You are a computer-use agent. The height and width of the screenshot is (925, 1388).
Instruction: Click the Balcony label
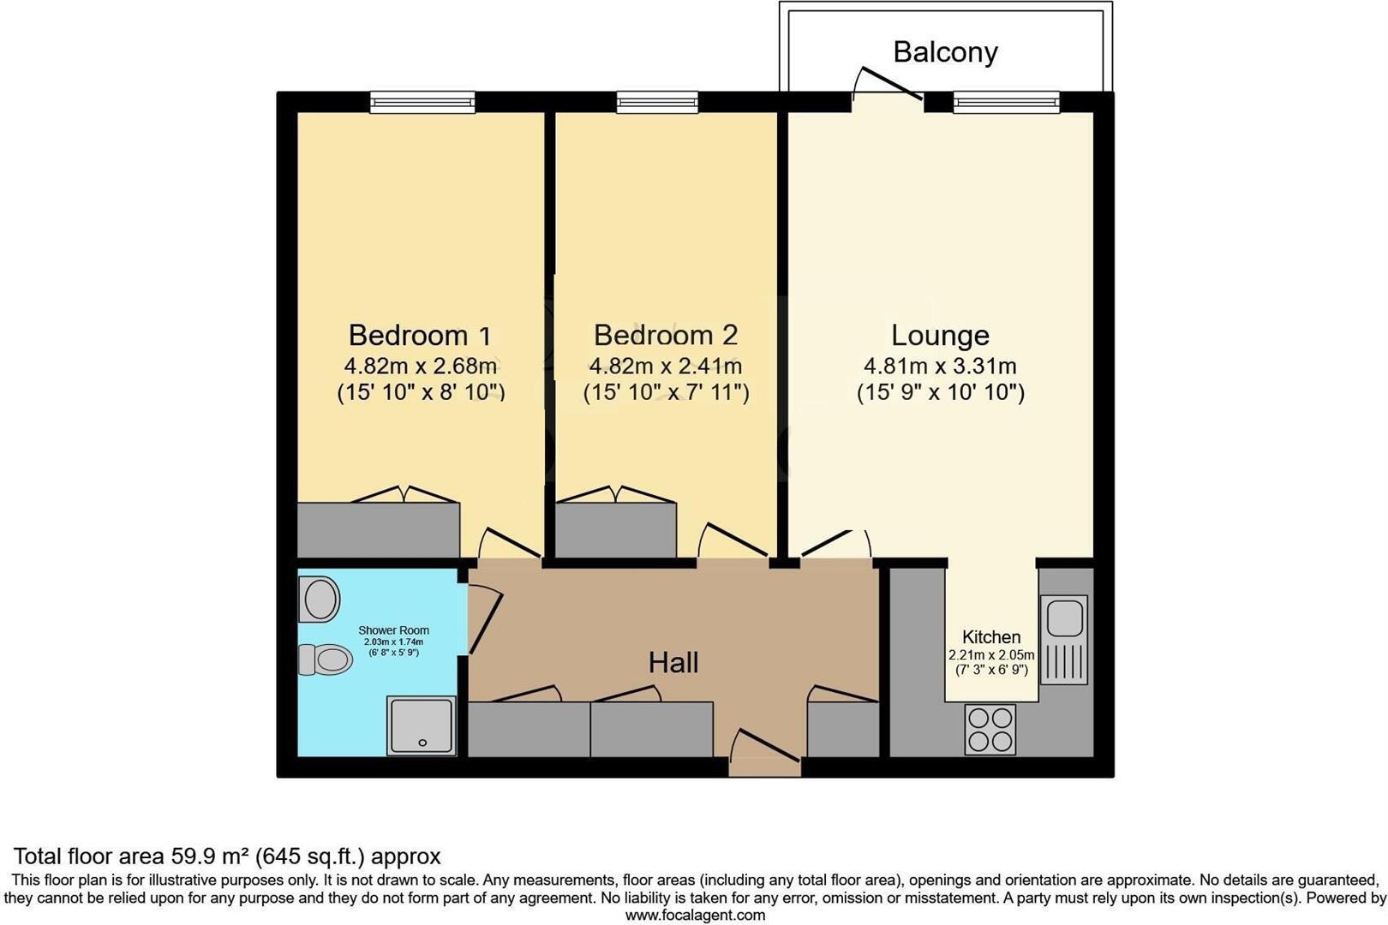pos(945,52)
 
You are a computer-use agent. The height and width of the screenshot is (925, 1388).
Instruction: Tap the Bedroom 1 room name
pos(420,335)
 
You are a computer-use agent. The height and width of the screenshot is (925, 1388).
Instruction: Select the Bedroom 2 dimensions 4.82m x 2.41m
pos(665,367)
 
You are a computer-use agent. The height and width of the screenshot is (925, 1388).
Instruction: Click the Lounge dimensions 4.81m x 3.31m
pos(940,367)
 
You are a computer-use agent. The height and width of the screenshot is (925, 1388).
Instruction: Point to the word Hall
pos(673,662)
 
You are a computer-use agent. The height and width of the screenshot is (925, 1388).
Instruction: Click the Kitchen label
pos(991,637)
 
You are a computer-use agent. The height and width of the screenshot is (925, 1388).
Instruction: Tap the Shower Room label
pos(393,630)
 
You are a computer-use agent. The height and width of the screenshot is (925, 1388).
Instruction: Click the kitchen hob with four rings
pos(990,729)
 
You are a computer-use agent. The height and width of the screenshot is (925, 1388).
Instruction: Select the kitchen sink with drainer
pos(1064,639)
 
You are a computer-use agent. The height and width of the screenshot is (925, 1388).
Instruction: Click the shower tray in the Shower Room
pos(421,725)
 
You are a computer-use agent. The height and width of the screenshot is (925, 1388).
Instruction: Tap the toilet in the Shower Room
pos(326,659)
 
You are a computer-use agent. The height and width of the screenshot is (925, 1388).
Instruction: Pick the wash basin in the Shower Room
pos(320,599)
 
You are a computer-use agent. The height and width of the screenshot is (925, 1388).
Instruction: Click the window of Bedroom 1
pos(422,103)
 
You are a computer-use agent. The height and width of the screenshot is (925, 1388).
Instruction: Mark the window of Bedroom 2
pos(657,103)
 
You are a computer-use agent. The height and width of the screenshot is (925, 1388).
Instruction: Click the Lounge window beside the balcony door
pos(1006,103)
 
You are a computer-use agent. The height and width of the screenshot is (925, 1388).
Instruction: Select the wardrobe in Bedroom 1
pos(378,529)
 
